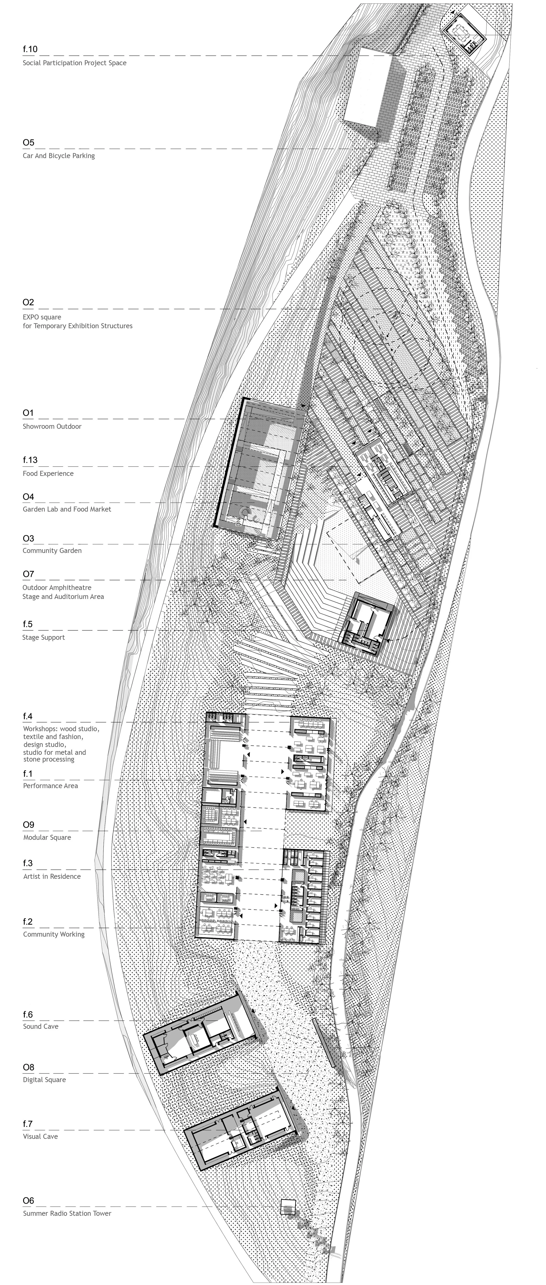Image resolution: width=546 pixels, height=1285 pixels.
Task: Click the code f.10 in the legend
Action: (30, 49)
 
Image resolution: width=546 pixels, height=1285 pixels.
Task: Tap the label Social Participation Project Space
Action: (74, 63)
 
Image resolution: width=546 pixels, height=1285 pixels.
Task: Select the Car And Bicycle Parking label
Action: (58, 156)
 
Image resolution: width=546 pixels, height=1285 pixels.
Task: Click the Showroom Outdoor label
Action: (52, 427)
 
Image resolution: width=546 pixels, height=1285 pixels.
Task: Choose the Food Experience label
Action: (48, 473)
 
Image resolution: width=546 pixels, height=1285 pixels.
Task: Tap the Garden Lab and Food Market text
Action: (67, 509)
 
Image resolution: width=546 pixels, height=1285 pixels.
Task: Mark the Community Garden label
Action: (52, 551)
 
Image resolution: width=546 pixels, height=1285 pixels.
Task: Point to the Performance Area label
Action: (50, 786)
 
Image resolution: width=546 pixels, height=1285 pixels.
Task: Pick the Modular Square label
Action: (47, 837)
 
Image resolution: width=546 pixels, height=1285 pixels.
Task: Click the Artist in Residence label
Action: (52, 877)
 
